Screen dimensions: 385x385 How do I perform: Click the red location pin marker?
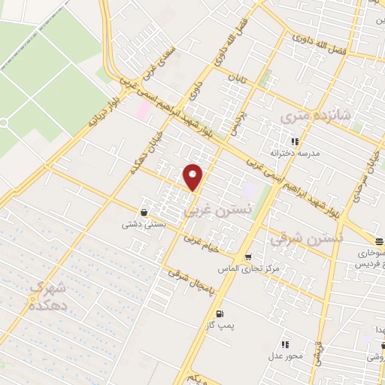193,177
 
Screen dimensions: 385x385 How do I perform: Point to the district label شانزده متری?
315,117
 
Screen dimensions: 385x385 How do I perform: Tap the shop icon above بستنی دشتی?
144,212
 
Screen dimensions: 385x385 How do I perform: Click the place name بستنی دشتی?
144,223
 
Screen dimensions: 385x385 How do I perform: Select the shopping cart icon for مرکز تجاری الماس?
248,257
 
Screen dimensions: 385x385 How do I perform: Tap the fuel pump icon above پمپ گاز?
219,314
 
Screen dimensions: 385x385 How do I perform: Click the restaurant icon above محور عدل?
286,344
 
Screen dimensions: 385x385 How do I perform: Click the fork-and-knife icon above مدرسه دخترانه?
296,141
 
